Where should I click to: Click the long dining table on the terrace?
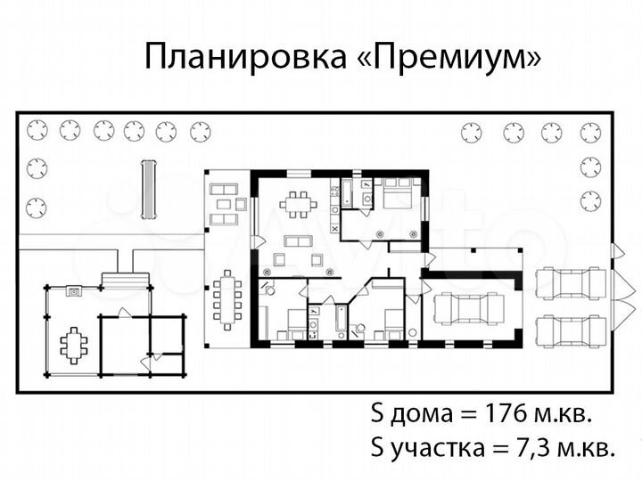tap(228, 300)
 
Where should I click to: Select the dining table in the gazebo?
tap(73, 342)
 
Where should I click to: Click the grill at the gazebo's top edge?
tap(74, 289)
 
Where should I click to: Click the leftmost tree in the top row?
tap(37, 131)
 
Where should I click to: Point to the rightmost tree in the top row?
tap(589, 133)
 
